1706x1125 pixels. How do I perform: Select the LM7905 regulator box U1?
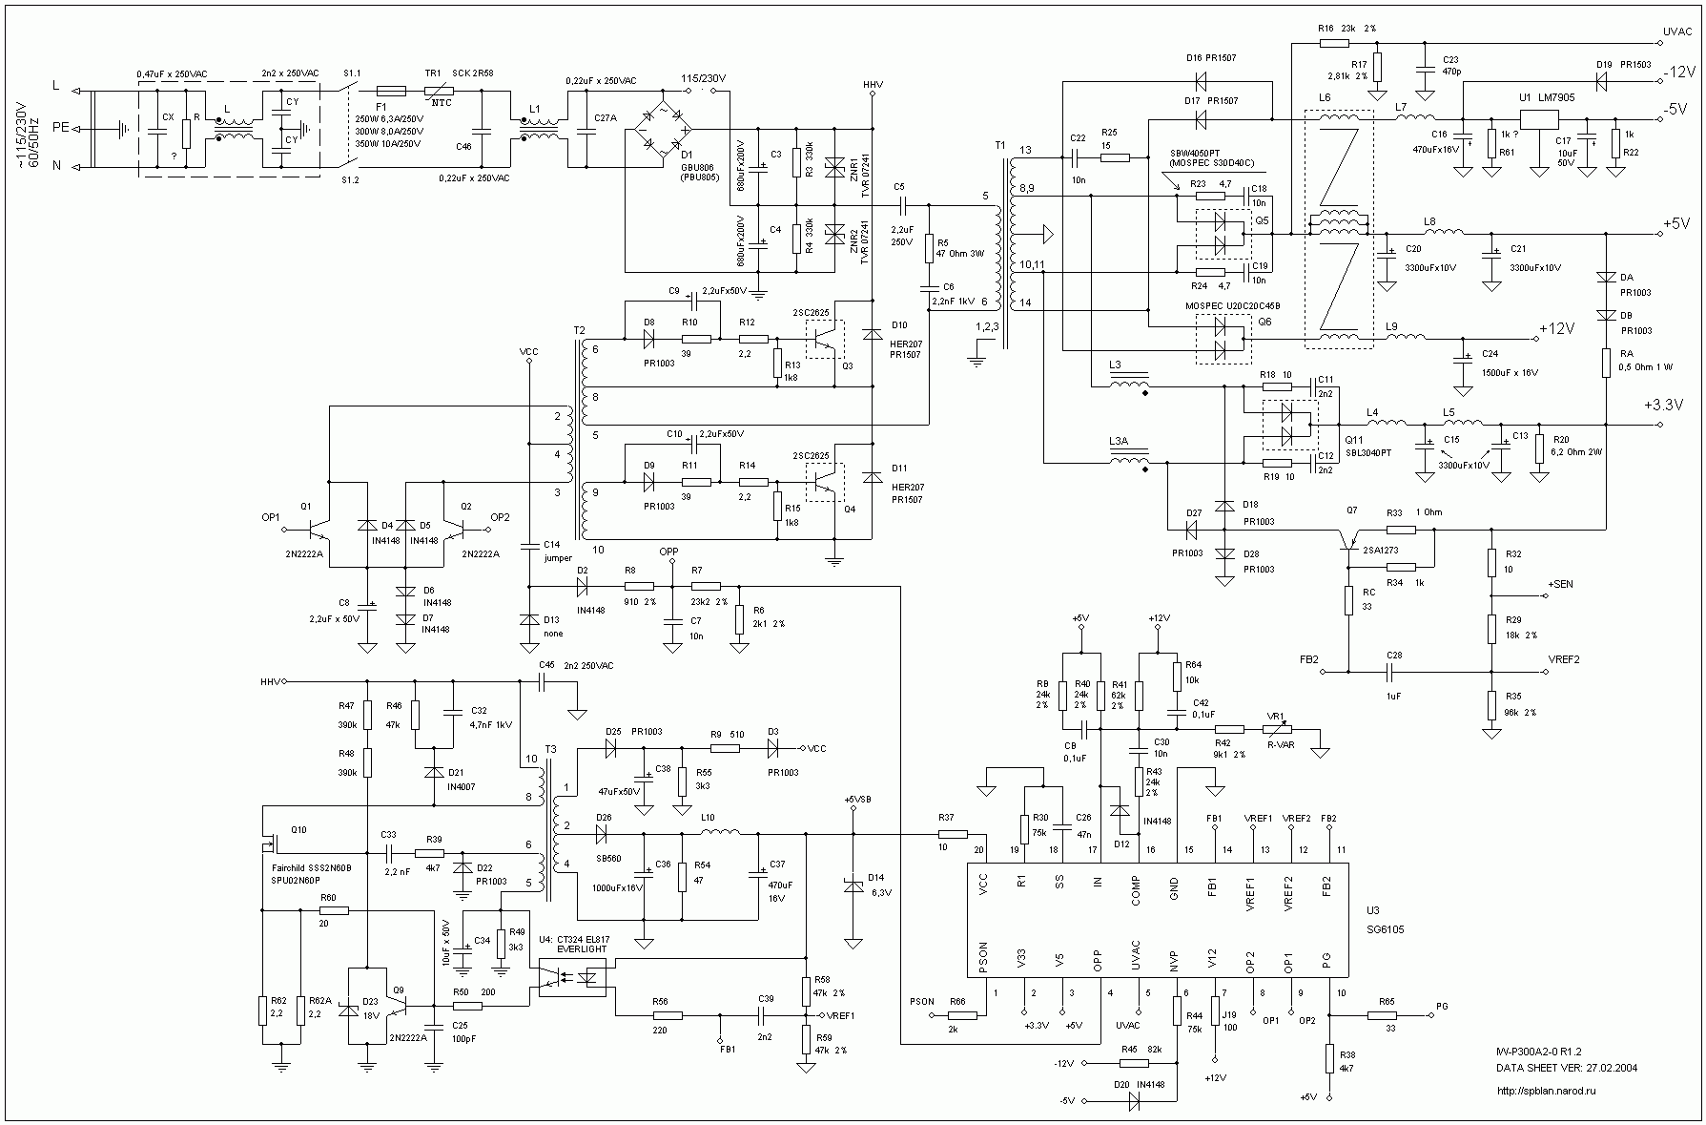[x=1538, y=119]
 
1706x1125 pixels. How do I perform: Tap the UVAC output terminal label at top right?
[x=1675, y=31]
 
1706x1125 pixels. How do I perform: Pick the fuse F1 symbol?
[x=391, y=91]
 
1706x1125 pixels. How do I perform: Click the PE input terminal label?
[x=59, y=125]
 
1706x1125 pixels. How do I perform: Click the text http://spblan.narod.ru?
[x=1546, y=1090]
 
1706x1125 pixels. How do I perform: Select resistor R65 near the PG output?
[x=1387, y=1016]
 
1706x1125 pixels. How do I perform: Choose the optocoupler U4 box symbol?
[x=572, y=978]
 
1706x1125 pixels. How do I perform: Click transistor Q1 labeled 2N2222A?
[x=315, y=526]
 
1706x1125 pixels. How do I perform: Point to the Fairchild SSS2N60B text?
[x=311, y=867]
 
